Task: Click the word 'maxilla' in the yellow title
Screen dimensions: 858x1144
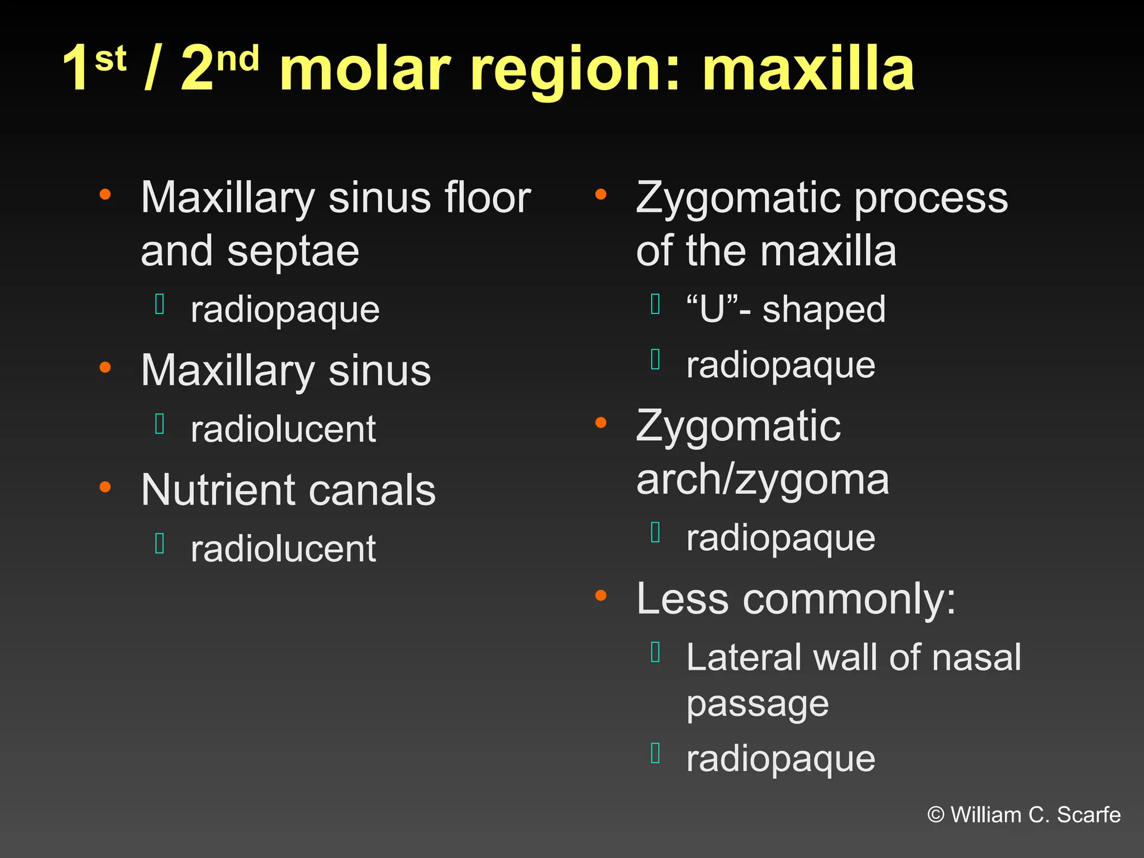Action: coord(808,69)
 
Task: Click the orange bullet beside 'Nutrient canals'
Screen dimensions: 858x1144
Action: coord(105,487)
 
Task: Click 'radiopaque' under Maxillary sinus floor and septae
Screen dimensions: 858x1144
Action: coord(285,311)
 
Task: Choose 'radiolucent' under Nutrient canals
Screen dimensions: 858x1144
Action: coord(283,549)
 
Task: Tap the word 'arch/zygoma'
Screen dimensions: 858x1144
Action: coord(762,480)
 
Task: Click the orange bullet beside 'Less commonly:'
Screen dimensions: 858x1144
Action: coord(601,595)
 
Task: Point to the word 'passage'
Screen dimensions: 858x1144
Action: coord(757,705)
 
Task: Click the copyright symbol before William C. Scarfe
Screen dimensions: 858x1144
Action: coord(936,815)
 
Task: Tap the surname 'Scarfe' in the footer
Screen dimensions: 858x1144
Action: coord(1089,815)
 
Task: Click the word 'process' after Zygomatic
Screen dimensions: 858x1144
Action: coord(931,199)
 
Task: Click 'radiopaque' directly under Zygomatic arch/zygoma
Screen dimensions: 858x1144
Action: coord(780,538)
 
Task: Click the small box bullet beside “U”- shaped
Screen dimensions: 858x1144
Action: coord(656,304)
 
